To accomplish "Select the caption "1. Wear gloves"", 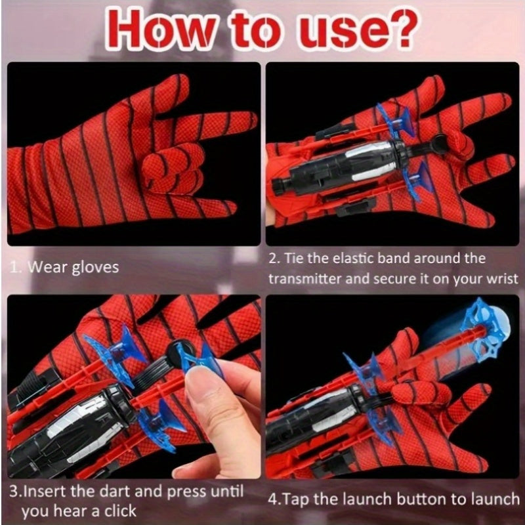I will point(64,267).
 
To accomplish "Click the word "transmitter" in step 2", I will point(304,278).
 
